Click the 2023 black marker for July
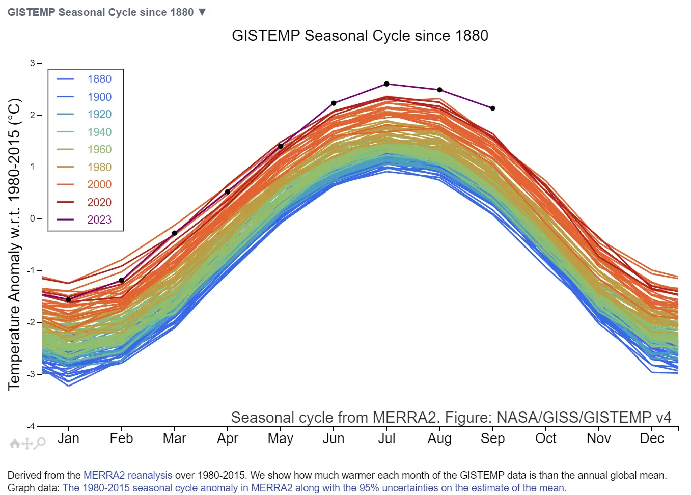coord(386,84)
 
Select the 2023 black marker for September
coord(492,108)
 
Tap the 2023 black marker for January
coord(69,299)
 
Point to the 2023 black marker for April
coord(228,192)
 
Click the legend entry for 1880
coord(99,79)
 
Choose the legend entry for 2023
coord(99,220)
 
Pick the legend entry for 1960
coord(99,150)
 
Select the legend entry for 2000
coord(99,185)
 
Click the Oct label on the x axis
coord(545,438)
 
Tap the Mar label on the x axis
coord(174,438)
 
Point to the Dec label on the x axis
coord(652,438)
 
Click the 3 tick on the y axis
coord(33,63)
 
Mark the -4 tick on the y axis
coord(32,426)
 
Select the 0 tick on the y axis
coord(33,218)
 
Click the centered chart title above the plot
coord(360,36)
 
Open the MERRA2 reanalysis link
coord(127,475)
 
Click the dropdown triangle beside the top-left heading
coord(202,12)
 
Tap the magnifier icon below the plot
coord(40,443)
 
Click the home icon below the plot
coord(15,444)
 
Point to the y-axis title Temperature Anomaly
coord(14,244)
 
